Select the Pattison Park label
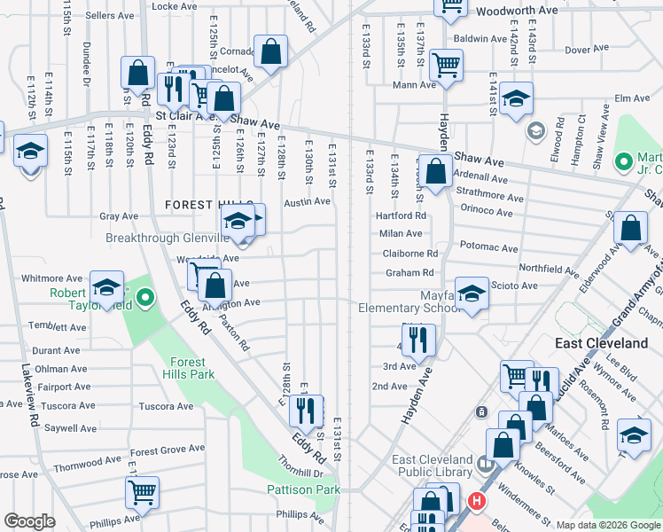pyautogui.click(x=304, y=489)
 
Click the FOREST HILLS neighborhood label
pyautogui.click(x=209, y=205)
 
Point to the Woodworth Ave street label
pyautogui.click(x=517, y=12)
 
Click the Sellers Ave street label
pyautogui.click(x=109, y=16)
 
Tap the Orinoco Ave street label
pyautogui.click(x=487, y=212)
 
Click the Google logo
pyautogui.click(x=29, y=521)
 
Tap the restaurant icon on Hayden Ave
pyautogui.click(x=418, y=338)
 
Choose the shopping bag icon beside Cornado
pyautogui.click(x=270, y=51)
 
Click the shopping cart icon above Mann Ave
pyautogui.click(x=445, y=63)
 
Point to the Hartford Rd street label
pyautogui.click(x=401, y=215)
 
